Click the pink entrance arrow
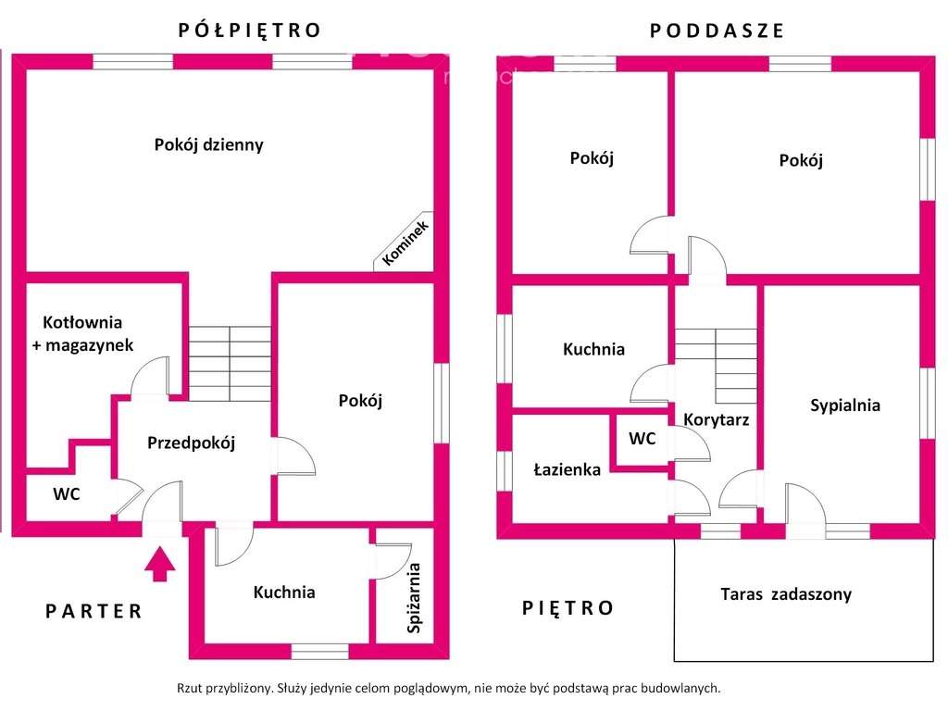[x=160, y=563]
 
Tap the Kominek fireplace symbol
[x=405, y=242]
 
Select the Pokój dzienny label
[x=208, y=144]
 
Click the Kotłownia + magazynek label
[x=88, y=333]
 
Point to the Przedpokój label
[x=192, y=443]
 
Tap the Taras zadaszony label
[x=786, y=594]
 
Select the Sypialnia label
[x=844, y=405]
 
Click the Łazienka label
[x=567, y=469]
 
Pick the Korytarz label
[x=716, y=419]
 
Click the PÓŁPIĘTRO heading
[x=249, y=30]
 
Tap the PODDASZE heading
[x=717, y=31]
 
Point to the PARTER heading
[x=94, y=611]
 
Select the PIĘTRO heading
[x=568, y=608]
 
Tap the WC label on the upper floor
[x=642, y=439]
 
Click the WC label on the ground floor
[x=66, y=494]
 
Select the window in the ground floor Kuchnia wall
[x=319, y=651]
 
